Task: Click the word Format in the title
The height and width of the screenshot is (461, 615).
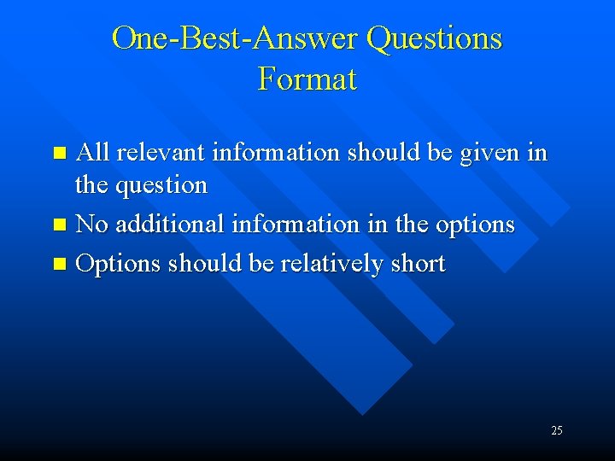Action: [307, 79]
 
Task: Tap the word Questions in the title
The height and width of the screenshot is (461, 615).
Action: [434, 38]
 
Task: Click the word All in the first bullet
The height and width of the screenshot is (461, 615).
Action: [93, 153]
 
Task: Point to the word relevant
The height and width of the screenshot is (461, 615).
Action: [161, 153]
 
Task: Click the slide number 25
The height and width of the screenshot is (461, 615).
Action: [557, 430]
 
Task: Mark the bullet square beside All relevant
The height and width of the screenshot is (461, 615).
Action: [59, 155]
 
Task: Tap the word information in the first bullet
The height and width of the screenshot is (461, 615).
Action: [274, 153]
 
